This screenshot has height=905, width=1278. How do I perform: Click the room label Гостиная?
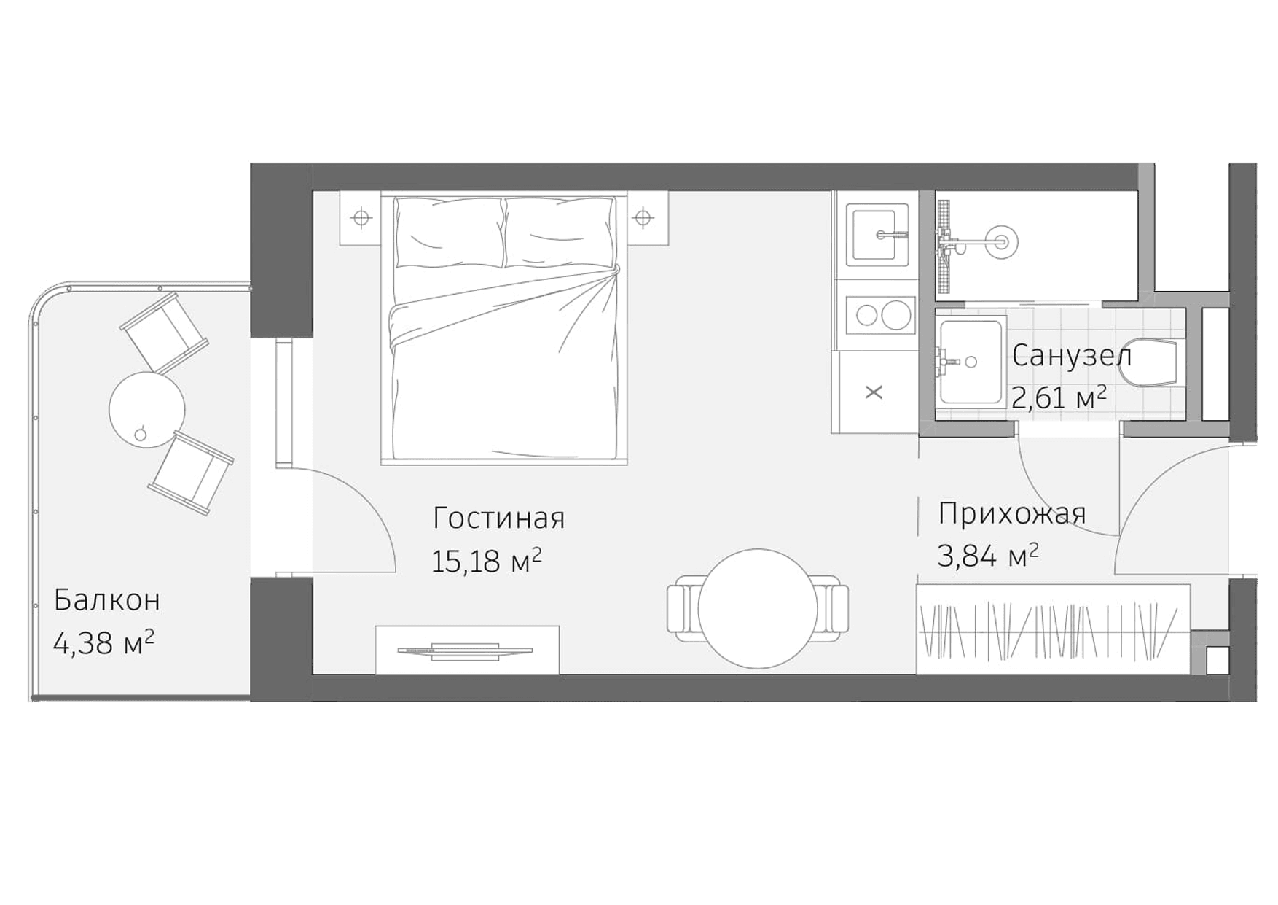coord(498,518)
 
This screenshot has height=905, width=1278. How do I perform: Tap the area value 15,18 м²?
coord(486,561)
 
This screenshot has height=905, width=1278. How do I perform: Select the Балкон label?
coord(107,600)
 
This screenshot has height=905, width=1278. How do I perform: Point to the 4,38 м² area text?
coord(103,642)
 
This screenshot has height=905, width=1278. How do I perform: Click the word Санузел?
coord(1071,356)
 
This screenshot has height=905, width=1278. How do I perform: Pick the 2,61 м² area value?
coord(1059,398)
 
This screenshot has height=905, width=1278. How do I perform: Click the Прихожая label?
coord(1012,514)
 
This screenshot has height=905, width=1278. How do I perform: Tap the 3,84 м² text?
coord(987,556)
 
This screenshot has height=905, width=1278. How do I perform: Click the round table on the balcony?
coord(147,409)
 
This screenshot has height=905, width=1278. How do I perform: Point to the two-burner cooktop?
coord(879,316)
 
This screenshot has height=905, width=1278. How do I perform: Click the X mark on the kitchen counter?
coord(874,392)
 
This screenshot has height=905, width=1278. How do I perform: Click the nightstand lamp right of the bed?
coord(643,217)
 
